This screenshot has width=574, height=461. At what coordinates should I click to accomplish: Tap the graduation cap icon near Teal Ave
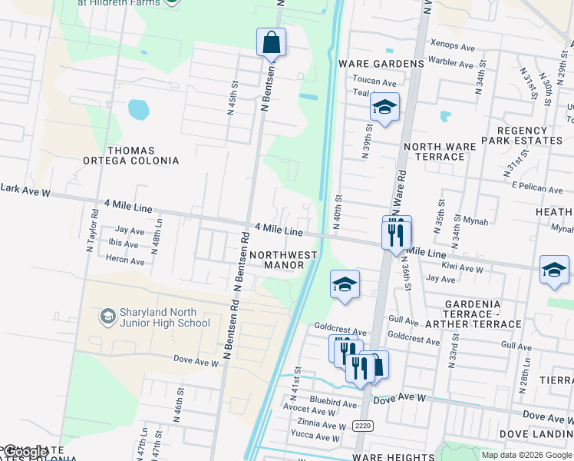(384, 107)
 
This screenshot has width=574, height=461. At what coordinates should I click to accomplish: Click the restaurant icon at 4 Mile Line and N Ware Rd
(397, 232)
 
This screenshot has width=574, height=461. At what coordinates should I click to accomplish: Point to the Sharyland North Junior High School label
(154, 318)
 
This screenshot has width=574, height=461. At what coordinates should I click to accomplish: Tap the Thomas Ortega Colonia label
(131, 156)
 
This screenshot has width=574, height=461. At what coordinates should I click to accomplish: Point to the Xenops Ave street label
(454, 46)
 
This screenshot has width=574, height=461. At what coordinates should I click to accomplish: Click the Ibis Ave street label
(124, 244)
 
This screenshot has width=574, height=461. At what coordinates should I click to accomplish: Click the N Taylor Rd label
(91, 230)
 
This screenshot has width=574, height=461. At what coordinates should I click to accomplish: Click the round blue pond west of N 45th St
(138, 110)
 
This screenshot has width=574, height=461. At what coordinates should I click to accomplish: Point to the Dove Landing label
(536, 434)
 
